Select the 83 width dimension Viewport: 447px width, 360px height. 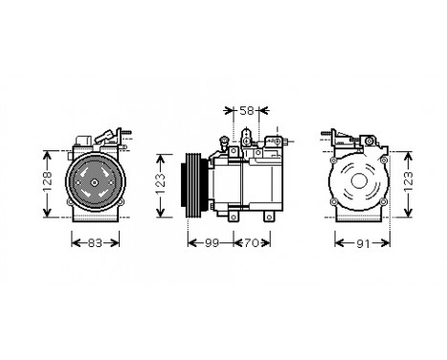tap(94, 243)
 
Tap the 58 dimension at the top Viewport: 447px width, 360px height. tap(246, 111)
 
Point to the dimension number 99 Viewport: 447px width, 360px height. tap(212, 243)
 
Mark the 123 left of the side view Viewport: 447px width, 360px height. tap(167, 178)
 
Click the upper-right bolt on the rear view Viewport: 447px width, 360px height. tap(376, 154)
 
